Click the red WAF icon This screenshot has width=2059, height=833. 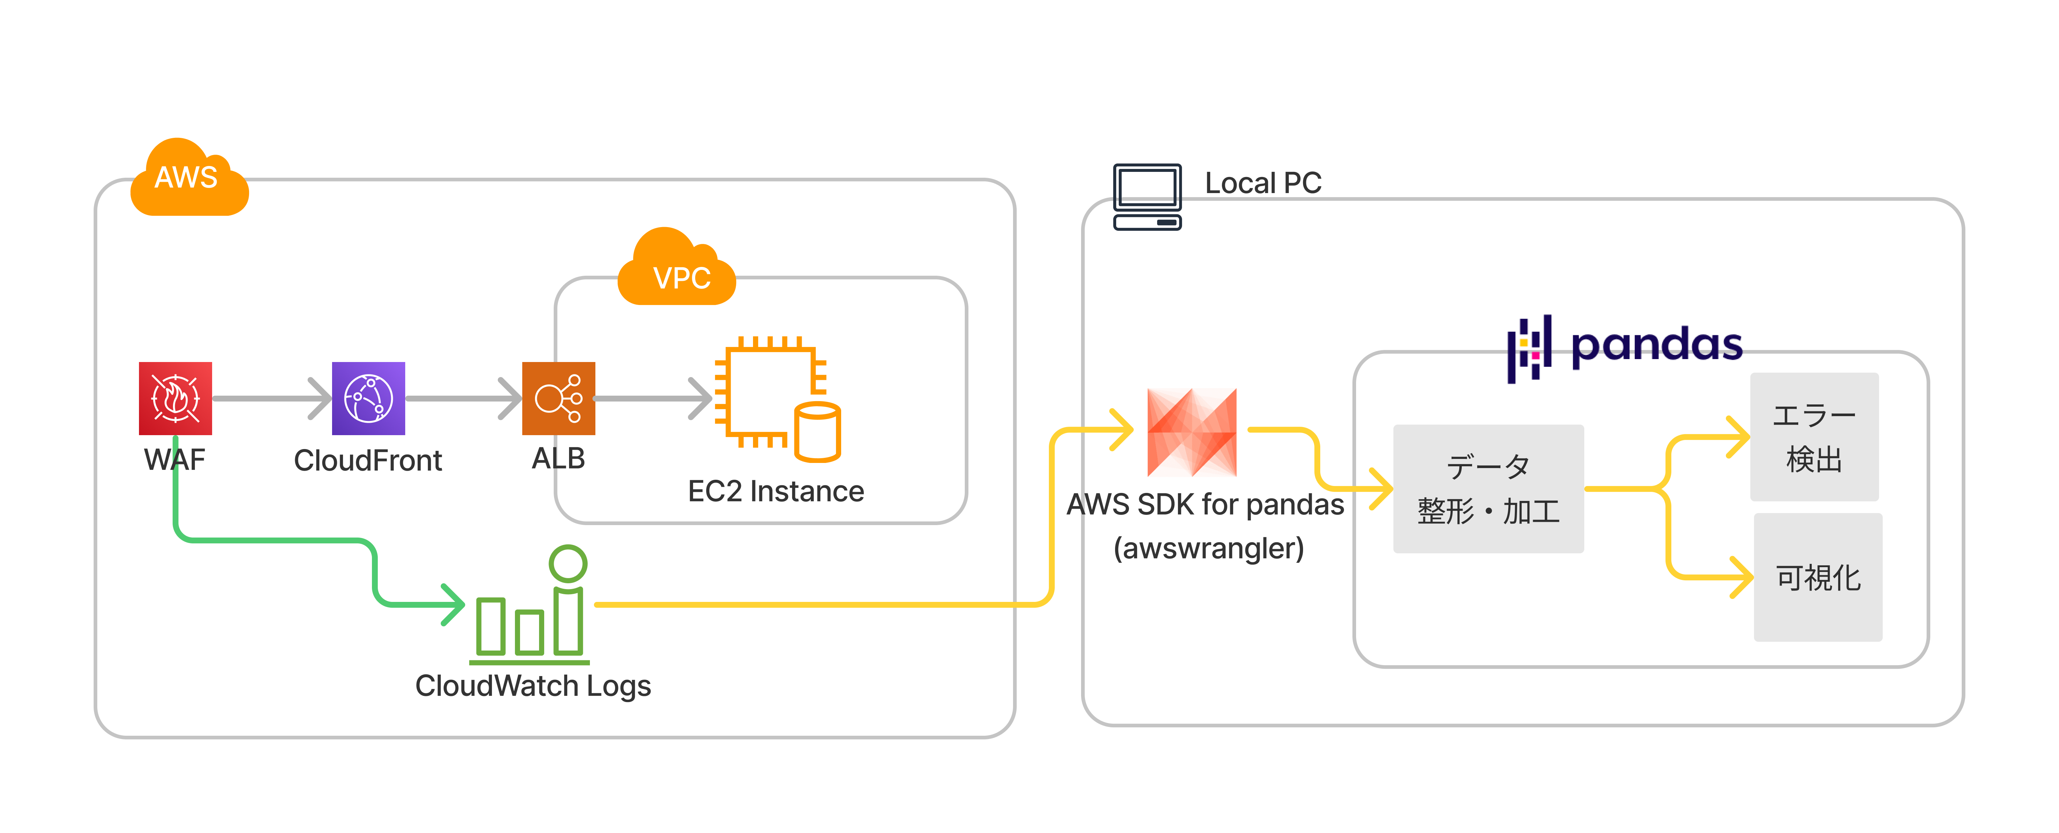click(x=175, y=398)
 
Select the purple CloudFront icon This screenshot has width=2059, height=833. click(x=369, y=398)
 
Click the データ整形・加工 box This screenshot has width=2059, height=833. click(x=1487, y=489)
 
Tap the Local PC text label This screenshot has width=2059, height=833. click(x=1263, y=183)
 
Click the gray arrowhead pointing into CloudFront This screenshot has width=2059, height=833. click(x=320, y=398)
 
